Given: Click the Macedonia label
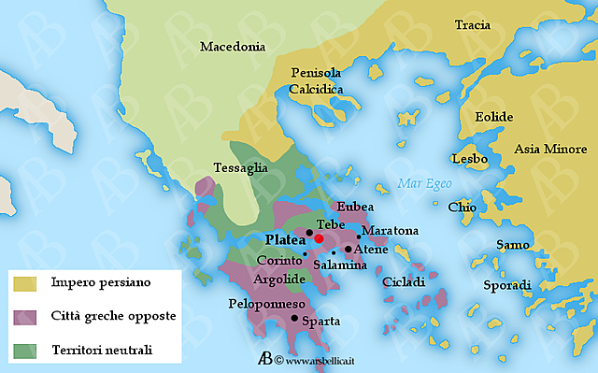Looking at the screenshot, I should pyautogui.click(x=234, y=47).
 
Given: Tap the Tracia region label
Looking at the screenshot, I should pyautogui.click(x=472, y=25).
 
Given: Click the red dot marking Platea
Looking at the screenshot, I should pyautogui.click(x=319, y=238).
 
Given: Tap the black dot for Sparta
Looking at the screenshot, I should pyautogui.click(x=295, y=319).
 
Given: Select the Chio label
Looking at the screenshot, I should pyautogui.click(x=462, y=207).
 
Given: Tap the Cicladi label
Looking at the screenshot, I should pyautogui.click(x=403, y=281).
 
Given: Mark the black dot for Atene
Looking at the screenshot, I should pyautogui.click(x=348, y=249).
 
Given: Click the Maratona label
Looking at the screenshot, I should pyautogui.click(x=390, y=230).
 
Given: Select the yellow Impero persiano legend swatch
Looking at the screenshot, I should pyautogui.click(x=24, y=281).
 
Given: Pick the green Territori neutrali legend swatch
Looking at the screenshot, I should pyautogui.click(x=24, y=351).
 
